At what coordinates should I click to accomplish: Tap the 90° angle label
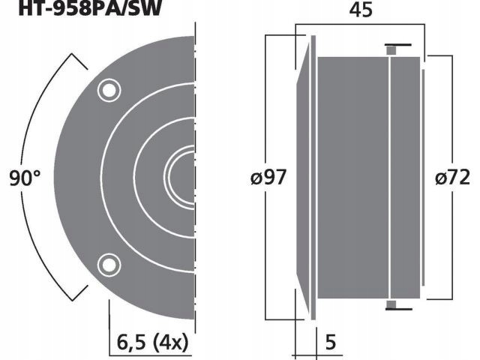pos(25,178)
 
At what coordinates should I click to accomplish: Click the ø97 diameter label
pos(269,178)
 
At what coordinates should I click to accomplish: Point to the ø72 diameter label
pos(452,178)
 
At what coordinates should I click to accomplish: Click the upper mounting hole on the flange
pos(109,91)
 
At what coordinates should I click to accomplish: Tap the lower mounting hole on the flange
pos(109,264)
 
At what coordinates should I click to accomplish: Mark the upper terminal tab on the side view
pos(391,49)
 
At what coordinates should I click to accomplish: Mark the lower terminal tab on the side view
pos(391,304)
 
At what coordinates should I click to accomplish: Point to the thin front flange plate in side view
pos(313,178)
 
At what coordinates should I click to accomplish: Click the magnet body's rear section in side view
pos(405,178)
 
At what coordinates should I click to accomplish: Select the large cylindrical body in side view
pos(352,178)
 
